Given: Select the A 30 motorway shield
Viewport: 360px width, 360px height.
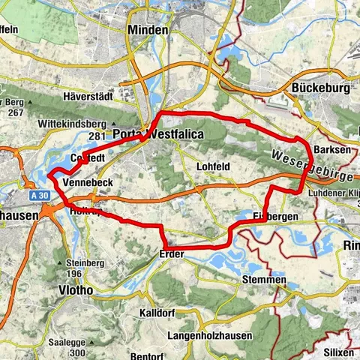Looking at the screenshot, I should [x=41, y=195].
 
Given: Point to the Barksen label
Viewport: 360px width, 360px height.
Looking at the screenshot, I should [x=333, y=150].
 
